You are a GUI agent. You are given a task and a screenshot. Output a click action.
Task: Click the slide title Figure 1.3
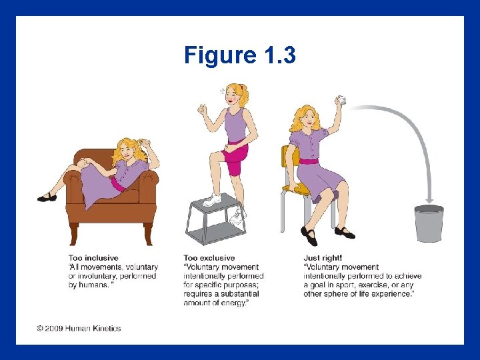coord(240,55)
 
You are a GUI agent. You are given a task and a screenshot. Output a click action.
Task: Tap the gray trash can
coord(429,223)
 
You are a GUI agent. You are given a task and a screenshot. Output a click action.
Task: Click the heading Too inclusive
coord(94,258)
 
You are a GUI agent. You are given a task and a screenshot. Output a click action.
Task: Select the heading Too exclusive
coord(209,258)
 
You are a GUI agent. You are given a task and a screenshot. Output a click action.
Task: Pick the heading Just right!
coord(323,258)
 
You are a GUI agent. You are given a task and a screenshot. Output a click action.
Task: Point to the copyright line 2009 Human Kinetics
coord(79,328)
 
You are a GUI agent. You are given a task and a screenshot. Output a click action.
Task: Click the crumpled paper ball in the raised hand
coord(342,100)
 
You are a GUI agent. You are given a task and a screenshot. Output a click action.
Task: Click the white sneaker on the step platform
coord(211,199)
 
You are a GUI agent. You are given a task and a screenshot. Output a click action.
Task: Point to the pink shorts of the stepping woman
coord(234,155)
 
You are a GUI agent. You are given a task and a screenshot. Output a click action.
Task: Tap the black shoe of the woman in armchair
coord(46,197)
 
